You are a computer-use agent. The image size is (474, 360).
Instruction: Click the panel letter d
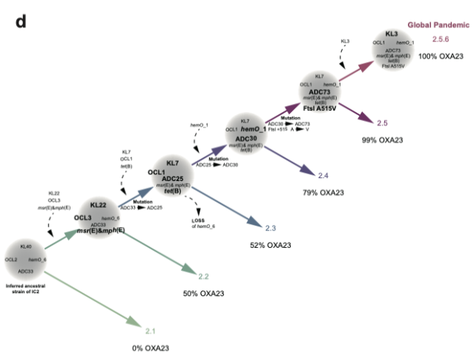pyautogui.click(x=21, y=22)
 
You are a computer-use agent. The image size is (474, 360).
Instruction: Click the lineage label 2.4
pyautogui.click(x=323, y=175)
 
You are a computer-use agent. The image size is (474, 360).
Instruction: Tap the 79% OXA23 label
pyautogui.click(x=323, y=193)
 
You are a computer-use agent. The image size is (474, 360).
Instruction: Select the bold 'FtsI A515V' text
pyautogui.click(x=323, y=108)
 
